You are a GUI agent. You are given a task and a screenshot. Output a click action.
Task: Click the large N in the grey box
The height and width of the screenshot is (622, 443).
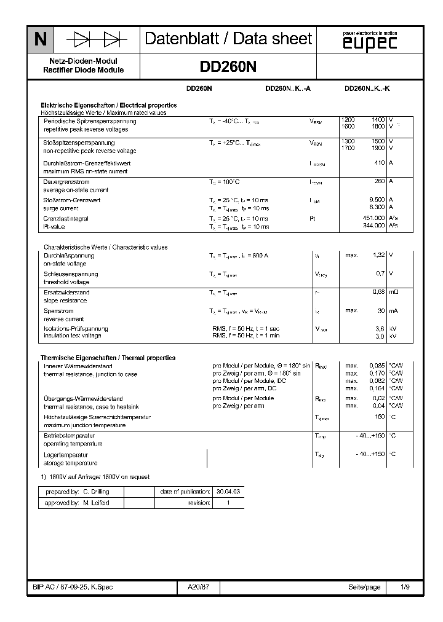pos(40,40)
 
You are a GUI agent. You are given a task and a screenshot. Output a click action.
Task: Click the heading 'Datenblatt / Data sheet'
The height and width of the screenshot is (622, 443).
pos(228,39)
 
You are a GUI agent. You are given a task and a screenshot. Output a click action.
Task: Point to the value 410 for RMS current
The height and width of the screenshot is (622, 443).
pos(378,163)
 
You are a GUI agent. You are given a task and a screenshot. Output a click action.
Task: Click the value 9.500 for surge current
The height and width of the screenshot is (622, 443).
pos(377,200)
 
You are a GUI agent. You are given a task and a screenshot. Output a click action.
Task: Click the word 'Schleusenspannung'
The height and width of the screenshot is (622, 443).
pos(71,274)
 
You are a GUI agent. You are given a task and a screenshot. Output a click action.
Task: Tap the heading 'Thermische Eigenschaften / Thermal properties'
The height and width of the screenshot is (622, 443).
pos(108,358)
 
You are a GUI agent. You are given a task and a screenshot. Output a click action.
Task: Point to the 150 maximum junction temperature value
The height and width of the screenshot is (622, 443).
pos(380,417)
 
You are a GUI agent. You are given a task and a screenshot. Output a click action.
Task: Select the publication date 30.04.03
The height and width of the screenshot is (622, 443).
pos(228,492)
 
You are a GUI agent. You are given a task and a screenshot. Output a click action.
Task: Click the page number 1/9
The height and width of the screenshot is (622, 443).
pos(405,588)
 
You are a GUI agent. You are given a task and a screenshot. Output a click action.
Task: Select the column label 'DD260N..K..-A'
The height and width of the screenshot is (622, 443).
pos(287,89)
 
